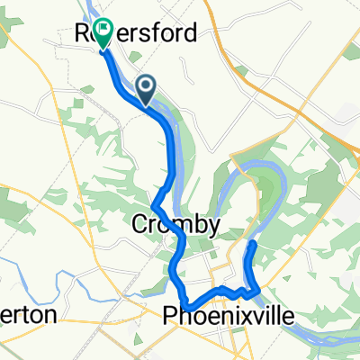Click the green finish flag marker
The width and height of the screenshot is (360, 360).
pos(103,33)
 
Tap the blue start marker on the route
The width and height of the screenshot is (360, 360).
pos(147,87)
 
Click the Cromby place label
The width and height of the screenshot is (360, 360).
pos(175,225)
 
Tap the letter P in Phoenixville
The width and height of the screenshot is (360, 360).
pos(170,315)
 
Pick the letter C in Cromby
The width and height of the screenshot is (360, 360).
pos(140,225)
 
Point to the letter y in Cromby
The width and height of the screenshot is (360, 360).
pos(211,227)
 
